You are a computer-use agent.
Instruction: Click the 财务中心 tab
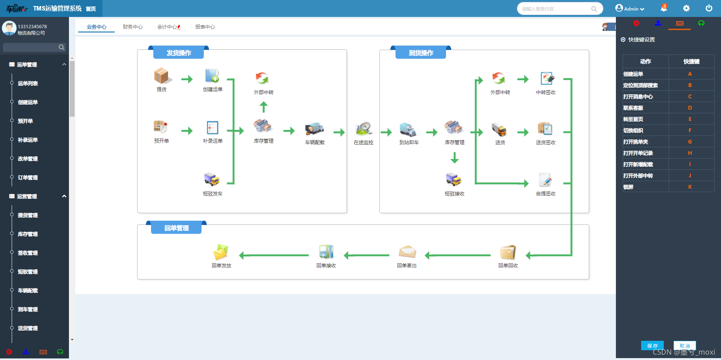(133, 27)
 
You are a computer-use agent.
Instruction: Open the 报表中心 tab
(205, 27)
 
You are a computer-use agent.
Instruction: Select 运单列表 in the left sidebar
(28, 83)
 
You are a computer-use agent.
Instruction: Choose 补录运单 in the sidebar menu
(28, 140)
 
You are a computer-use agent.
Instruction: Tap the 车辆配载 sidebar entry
(28, 290)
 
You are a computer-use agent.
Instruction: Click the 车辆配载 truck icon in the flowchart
(315, 129)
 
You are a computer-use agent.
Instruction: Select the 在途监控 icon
(364, 129)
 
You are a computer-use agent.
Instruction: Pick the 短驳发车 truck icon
(212, 180)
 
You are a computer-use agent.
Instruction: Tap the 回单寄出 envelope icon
(407, 252)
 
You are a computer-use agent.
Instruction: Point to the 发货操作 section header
(179, 53)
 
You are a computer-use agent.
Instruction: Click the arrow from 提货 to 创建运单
(187, 79)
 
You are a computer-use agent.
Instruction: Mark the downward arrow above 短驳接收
(455, 157)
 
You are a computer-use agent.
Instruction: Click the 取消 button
(685, 346)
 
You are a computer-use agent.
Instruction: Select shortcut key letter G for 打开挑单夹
(690, 142)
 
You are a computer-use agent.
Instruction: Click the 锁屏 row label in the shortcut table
(628, 187)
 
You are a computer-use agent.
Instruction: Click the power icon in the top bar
(709, 8)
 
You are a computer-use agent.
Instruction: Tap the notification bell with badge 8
(664, 8)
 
